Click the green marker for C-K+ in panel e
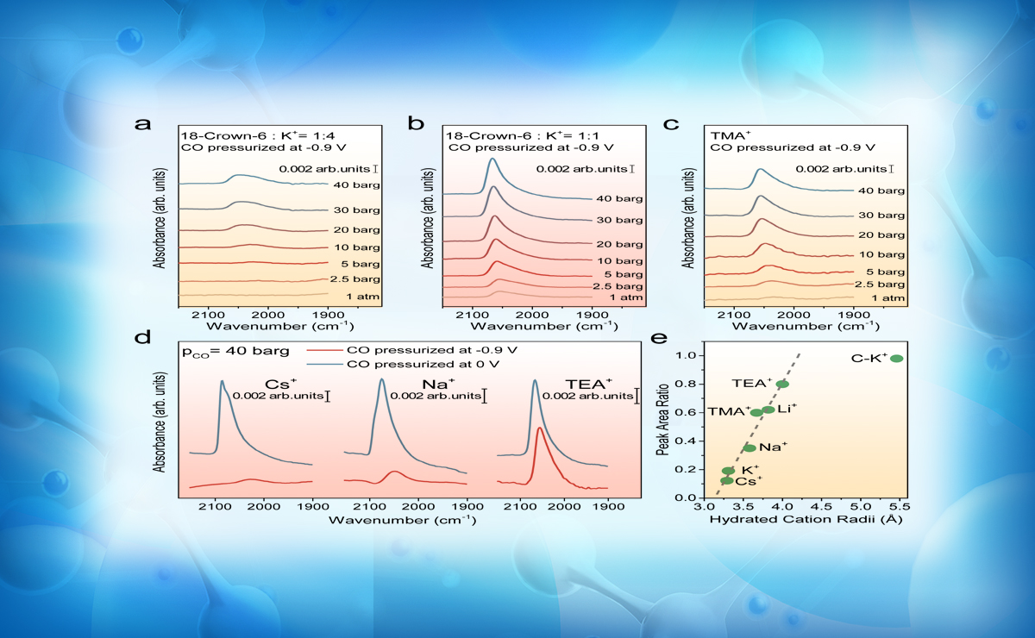pyautogui.click(x=896, y=359)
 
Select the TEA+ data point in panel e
pyautogui.click(x=782, y=385)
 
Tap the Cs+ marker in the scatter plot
pyautogui.click(x=727, y=480)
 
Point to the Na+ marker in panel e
pyautogui.click(x=750, y=447)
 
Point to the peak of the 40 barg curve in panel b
pyautogui.click(x=492, y=159)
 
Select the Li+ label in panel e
pyautogui.click(x=786, y=409)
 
